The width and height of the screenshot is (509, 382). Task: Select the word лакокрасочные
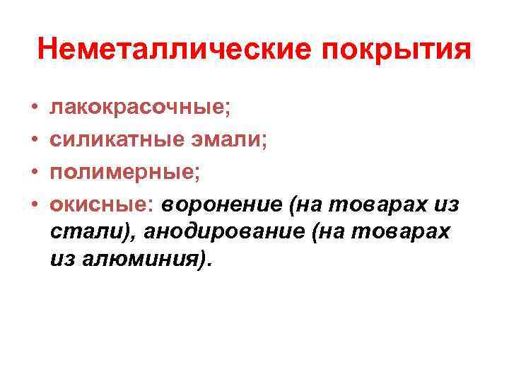138,108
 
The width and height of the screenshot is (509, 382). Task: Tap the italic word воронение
222,204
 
